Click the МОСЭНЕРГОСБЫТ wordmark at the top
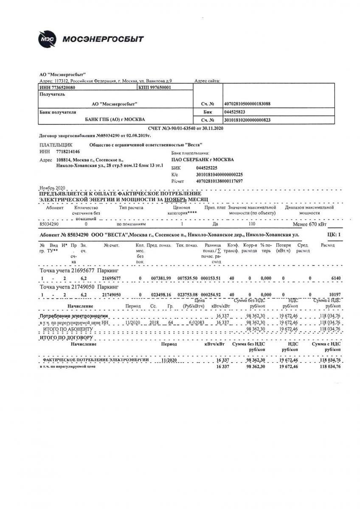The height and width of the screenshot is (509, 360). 103,39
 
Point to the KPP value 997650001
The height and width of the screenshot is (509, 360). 158,87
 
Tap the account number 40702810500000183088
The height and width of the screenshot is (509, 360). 247,104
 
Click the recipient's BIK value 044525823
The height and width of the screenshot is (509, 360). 234,112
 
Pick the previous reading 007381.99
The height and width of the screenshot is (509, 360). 160,278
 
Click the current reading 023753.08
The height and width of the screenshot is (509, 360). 188,294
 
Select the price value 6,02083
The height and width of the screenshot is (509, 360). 191,323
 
